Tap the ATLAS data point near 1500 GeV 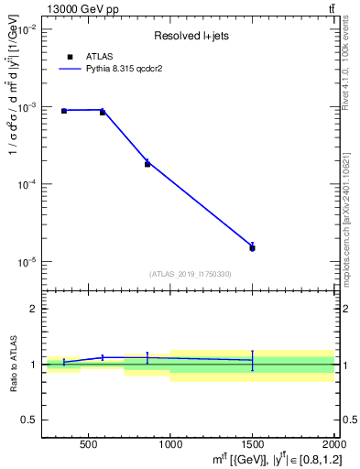pos(252,247)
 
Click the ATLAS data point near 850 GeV pos(147,164)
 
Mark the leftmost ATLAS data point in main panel pos(64,111)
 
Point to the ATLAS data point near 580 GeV pos(103,112)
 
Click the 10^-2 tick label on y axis pos(25,30)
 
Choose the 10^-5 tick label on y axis pos(25,262)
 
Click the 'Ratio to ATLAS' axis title pos(12,364)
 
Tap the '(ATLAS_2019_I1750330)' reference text pos(191,274)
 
